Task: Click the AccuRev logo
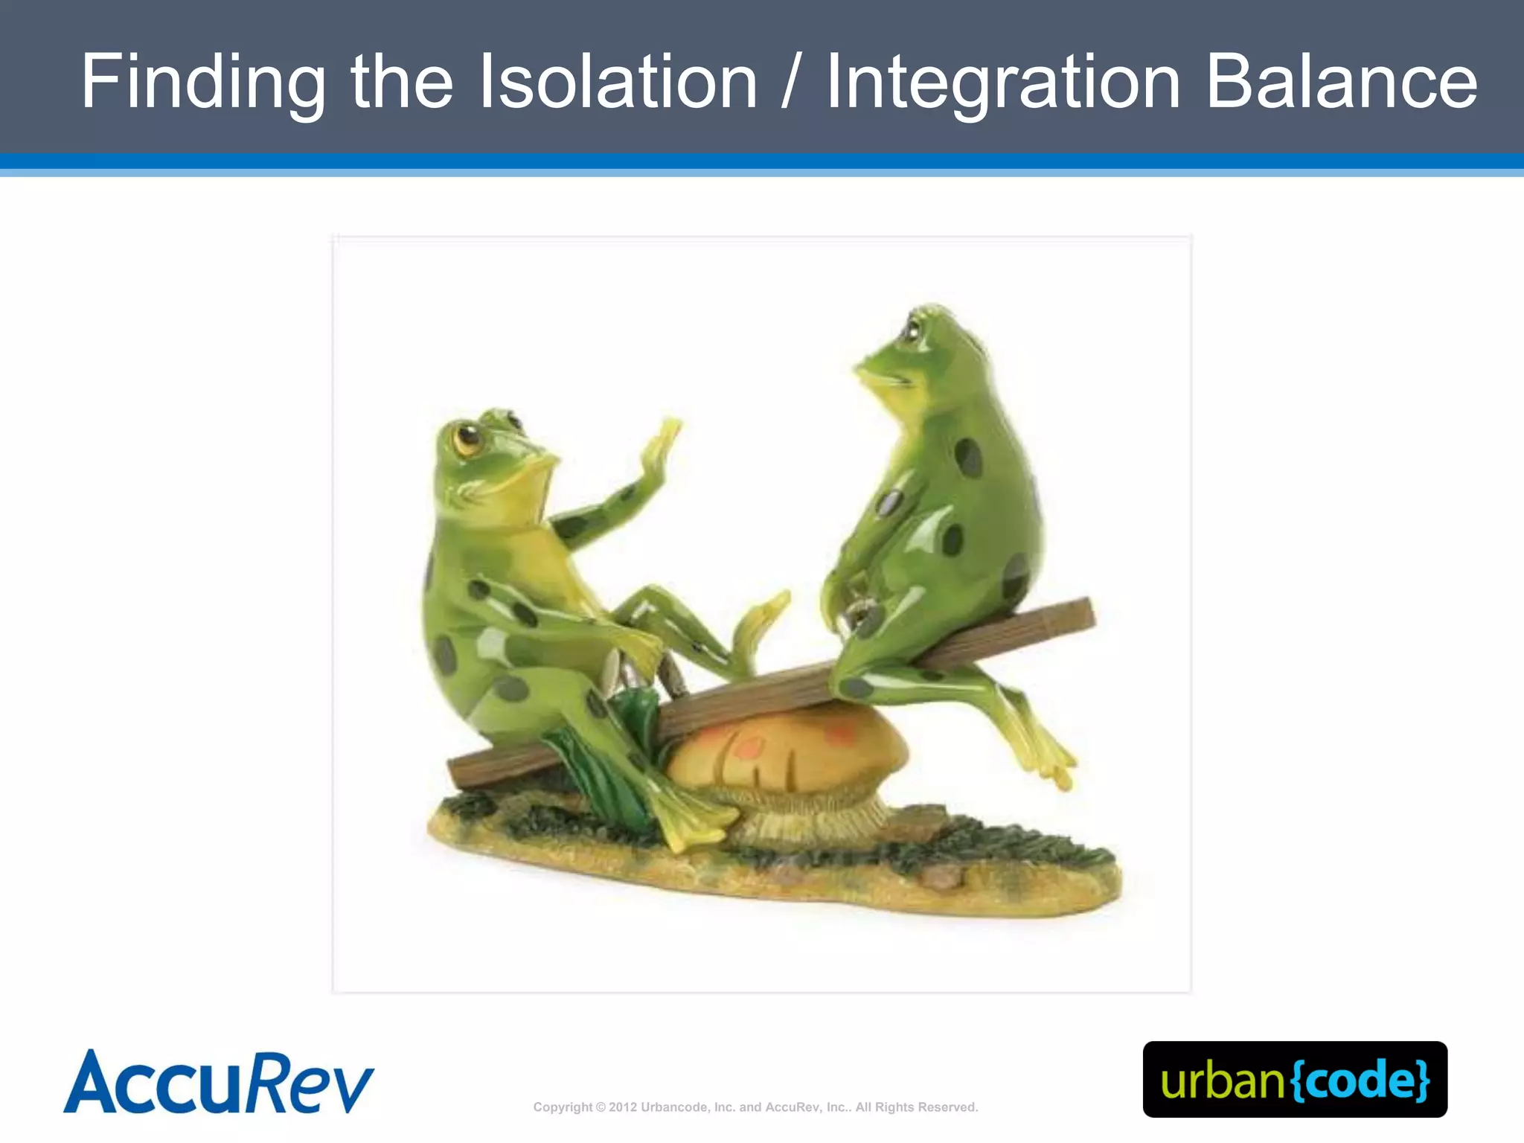click(x=219, y=1082)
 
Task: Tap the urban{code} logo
click(x=1295, y=1079)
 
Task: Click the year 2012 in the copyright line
click(x=623, y=1107)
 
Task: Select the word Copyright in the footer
click(x=563, y=1107)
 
